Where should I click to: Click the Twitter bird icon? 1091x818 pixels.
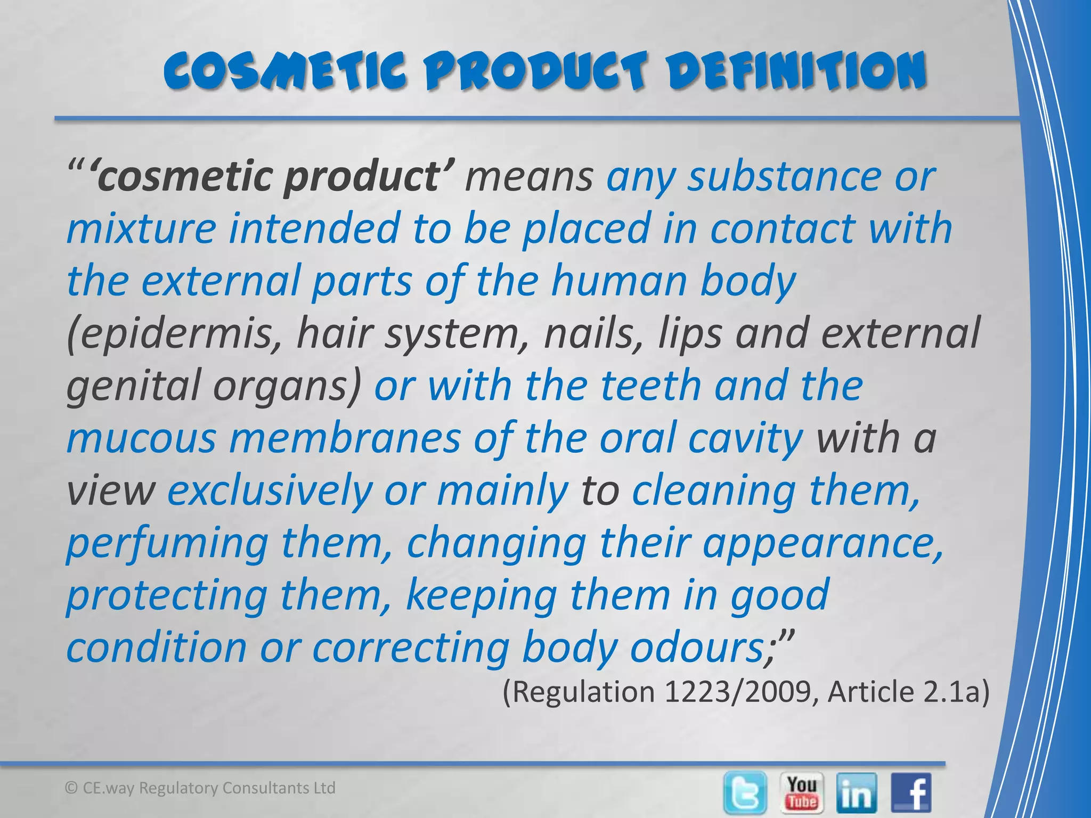[x=746, y=792]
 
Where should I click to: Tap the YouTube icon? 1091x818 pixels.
[x=802, y=792]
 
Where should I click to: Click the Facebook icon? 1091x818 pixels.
[x=911, y=793]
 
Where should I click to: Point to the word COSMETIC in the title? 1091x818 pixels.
[x=285, y=71]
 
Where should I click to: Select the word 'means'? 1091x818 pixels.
[x=528, y=177]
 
